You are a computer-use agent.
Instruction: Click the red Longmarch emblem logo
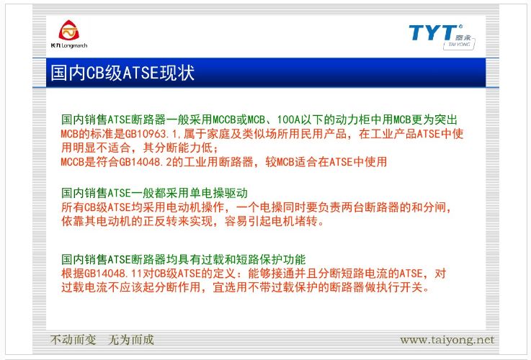click(x=68, y=30)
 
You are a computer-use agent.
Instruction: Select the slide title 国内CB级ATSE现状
click(x=122, y=73)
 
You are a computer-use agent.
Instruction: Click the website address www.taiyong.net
click(x=447, y=340)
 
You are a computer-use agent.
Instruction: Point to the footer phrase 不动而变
click(x=73, y=340)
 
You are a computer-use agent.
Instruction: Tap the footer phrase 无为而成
click(x=130, y=340)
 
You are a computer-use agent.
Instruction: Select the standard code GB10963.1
click(x=153, y=134)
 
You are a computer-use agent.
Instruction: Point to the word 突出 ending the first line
click(x=446, y=120)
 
